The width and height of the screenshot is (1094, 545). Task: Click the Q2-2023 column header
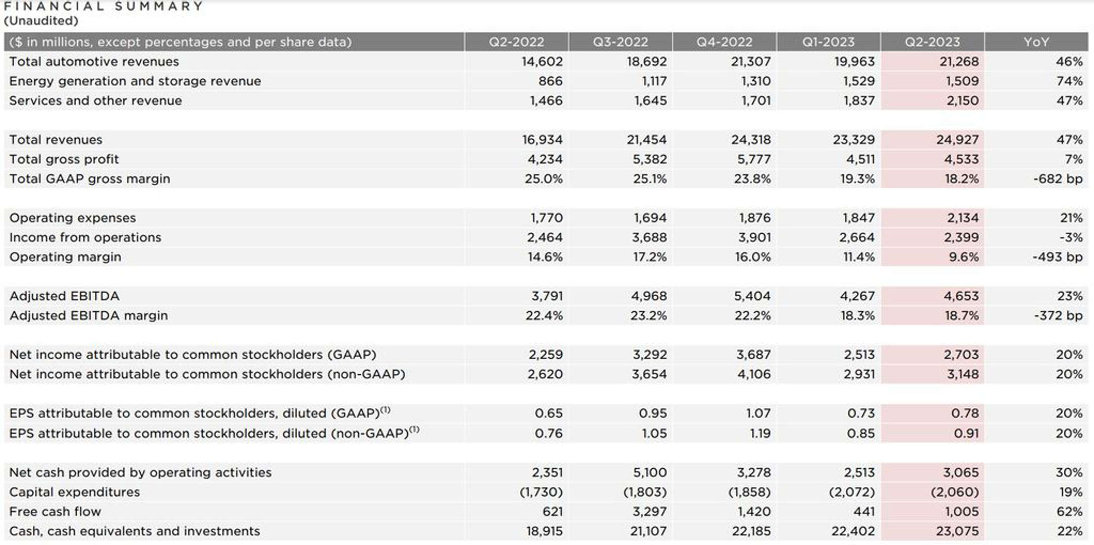[932, 42]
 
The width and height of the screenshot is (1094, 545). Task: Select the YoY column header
[1036, 42]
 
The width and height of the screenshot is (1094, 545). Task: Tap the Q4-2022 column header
[724, 42]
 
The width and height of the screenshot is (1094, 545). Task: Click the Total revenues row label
[56, 140]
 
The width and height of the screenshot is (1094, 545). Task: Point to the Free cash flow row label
[55, 512]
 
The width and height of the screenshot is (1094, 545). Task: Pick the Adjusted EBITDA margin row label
[88, 316]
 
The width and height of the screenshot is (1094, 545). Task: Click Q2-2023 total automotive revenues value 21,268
[959, 62]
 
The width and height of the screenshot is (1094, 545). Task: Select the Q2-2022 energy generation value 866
[550, 81]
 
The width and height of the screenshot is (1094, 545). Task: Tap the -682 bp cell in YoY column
[1058, 179]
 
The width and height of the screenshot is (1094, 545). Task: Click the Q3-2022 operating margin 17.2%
[650, 257]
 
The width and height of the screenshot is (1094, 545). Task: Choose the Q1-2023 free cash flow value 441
[864, 512]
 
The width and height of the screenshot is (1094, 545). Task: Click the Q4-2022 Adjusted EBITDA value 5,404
[752, 296]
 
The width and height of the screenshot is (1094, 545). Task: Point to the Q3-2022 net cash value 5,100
[649, 473]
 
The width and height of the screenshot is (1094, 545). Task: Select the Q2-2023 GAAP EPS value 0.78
[965, 414]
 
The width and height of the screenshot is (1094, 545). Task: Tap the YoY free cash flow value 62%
[1069, 512]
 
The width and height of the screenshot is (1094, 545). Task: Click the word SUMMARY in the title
[158, 7]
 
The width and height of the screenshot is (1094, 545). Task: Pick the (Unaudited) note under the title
[41, 21]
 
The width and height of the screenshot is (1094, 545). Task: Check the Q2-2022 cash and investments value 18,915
[544, 531]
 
